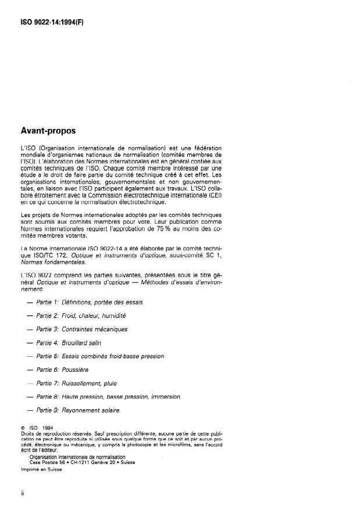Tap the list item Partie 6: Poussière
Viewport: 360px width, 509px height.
[73, 370]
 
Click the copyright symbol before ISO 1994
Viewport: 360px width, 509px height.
[22, 428]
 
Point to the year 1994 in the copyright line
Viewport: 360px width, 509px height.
[48, 428]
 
